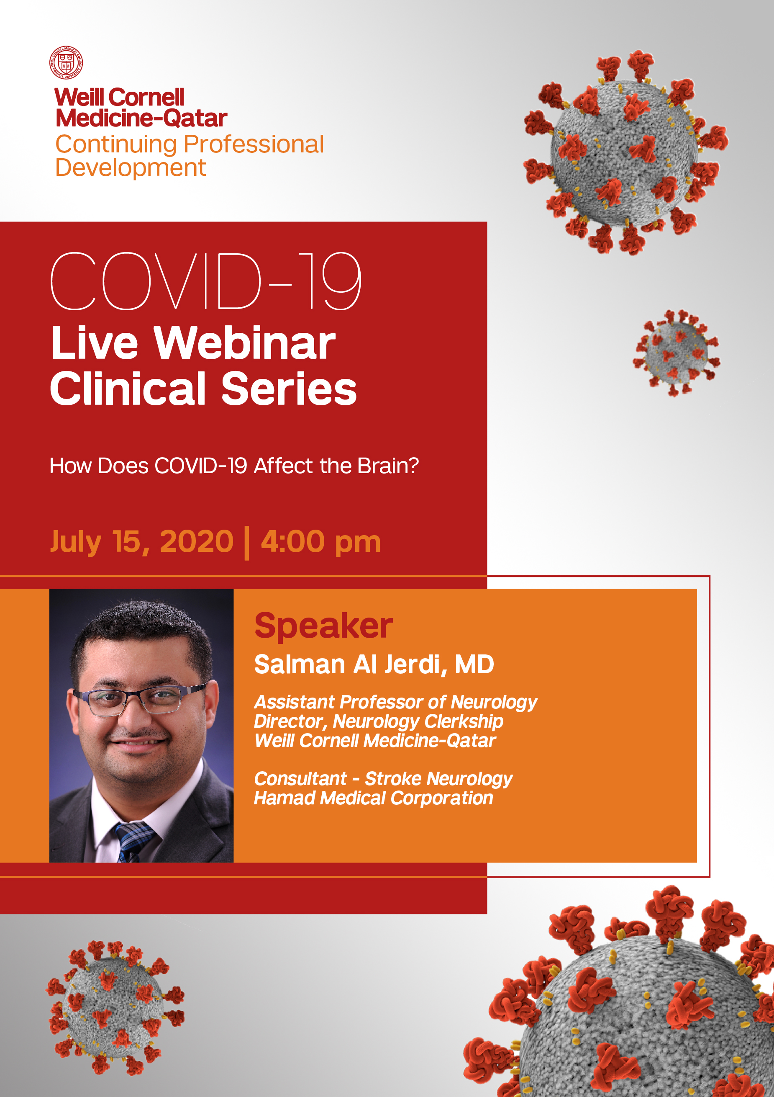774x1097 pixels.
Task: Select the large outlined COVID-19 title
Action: click(206, 281)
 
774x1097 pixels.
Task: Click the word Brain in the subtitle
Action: click(388, 466)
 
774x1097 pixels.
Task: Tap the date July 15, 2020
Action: click(142, 542)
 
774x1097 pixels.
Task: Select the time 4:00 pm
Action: click(321, 542)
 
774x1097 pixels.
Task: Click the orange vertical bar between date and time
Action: click(247, 543)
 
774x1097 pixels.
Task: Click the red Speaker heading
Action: click(323, 626)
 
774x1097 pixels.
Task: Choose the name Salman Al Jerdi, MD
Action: click(374, 664)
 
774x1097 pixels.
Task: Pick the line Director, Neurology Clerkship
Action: click(378, 722)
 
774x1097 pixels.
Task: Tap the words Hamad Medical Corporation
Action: click(373, 798)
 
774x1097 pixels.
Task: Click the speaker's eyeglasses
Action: click(138, 701)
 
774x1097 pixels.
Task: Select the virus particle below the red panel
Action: click(115, 1009)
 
